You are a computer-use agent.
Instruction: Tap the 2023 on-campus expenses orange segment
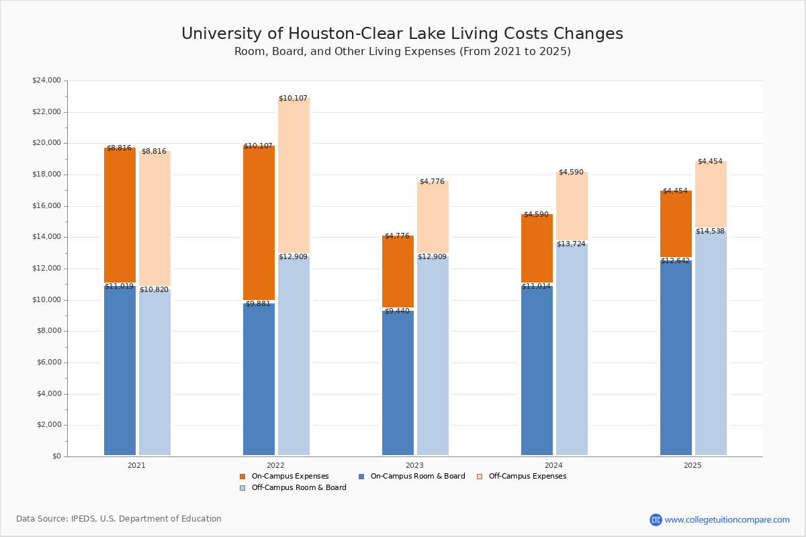[398, 271]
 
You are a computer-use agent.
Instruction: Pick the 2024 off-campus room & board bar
[572, 349]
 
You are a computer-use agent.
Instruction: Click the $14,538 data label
[710, 232]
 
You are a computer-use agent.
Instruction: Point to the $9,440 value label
[397, 311]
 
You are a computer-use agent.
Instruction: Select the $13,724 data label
[571, 244]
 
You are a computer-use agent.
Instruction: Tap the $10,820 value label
[154, 290]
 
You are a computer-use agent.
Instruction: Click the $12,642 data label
[675, 261]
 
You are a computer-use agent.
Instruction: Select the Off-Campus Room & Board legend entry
[298, 488]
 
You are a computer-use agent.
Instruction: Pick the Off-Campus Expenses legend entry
[527, 477]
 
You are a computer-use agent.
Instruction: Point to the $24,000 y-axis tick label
[46, 81]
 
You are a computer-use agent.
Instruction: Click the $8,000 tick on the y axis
[48, 331]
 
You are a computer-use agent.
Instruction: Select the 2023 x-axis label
[414, 465]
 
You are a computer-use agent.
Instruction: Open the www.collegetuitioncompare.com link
[727, 520]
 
